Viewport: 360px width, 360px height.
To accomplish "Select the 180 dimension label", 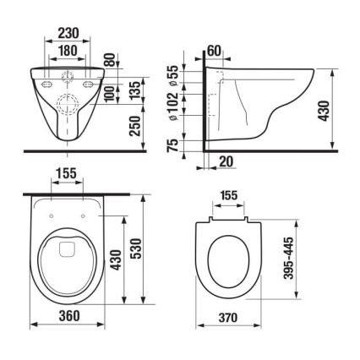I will pos(68,52).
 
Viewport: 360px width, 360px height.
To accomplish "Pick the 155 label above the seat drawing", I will pos(226,195).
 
